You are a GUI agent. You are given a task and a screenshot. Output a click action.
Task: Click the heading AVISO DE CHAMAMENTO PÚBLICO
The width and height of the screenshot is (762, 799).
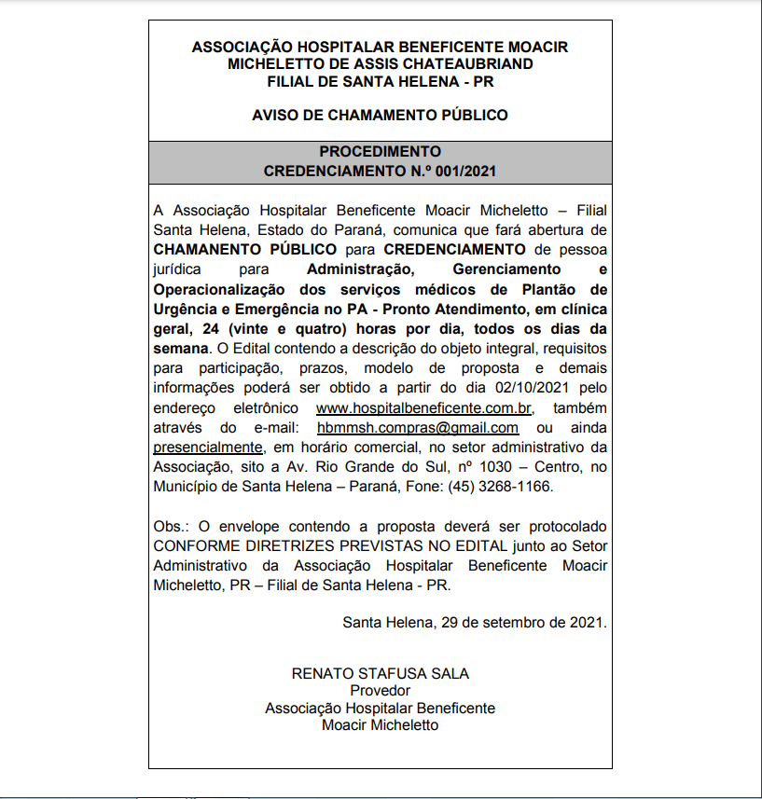click(380, 116)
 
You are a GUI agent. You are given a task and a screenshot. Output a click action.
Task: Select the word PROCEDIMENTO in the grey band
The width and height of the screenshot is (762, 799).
click(380, 152)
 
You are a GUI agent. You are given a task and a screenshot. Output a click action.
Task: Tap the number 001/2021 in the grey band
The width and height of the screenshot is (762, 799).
click(463, 172)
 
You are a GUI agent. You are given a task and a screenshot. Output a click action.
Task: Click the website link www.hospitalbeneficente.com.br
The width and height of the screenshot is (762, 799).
click(423, 409)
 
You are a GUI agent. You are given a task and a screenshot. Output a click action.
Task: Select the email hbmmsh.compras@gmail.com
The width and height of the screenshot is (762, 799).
click(418, 428)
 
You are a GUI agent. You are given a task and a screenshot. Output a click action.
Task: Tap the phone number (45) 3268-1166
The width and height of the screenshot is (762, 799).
click(500, 487)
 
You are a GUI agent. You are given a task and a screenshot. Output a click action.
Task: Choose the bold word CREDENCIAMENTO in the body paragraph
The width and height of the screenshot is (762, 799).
click(454, 249)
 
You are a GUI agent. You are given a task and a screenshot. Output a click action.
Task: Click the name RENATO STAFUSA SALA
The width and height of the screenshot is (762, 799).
click(380, 673)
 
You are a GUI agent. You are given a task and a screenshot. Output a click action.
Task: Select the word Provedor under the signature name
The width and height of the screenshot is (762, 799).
click(380, 691)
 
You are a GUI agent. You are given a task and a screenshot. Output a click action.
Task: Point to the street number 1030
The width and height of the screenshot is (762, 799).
click(509, 467)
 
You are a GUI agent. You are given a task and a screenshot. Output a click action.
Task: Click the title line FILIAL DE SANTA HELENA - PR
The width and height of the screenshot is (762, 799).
click(380, 82)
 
